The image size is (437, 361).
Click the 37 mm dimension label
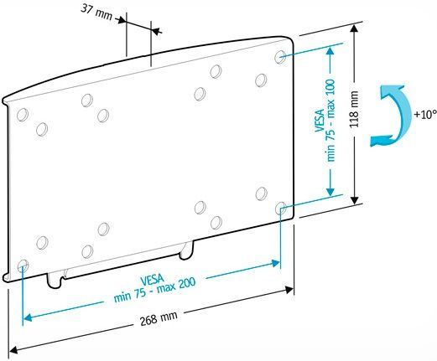(x=96, y=12)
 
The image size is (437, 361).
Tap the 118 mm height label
(x=354, y=109)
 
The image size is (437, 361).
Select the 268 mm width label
(x=159, y=318)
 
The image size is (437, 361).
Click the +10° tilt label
(x=425, y=115)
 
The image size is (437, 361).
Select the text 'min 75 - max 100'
(x=330, y=120)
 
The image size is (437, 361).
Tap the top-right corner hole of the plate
(x=280, y=57)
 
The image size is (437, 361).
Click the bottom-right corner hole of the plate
(x=280, y=209)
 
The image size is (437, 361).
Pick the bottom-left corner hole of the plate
(x=23, y=266)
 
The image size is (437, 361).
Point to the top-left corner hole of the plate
(x=23, y=115)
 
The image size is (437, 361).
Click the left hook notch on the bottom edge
(x=55, y=281)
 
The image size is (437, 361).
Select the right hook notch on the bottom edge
(x=186, y=250)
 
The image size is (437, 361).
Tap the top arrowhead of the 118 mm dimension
(x=355, y=28)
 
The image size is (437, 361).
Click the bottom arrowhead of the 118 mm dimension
(x=355, y=200)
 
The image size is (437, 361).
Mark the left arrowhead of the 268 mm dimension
(x=13, y=349)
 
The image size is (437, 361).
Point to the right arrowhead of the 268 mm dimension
(x=289, y=290)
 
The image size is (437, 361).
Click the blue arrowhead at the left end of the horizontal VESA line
(x=28, y=317)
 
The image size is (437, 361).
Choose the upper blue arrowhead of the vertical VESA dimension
(x=330, y=51)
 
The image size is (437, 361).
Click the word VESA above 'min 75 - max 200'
(x=152, y=279)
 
